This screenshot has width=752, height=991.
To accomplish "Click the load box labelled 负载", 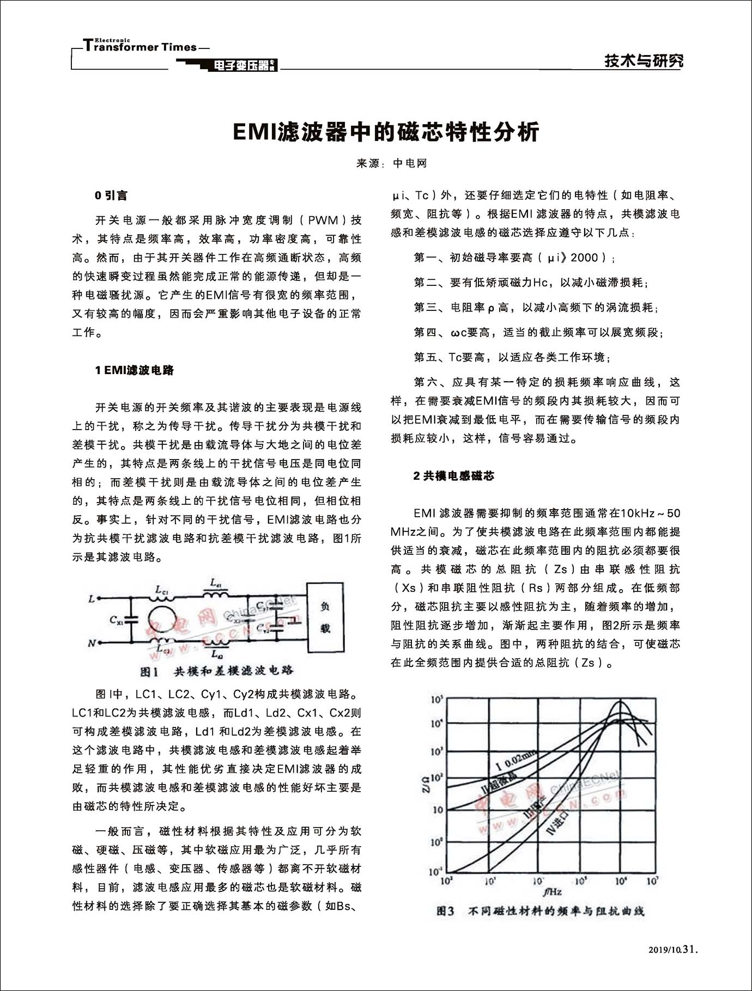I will pyautogui.click(x=325, y=617).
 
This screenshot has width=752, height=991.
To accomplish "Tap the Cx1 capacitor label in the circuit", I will pyautogui.click(x=117, y=619).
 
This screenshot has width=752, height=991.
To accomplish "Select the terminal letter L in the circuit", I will pyautogui.click(x=91, y=599).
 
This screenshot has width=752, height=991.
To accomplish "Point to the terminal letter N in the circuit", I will pyautogui.click(x=92, y=644).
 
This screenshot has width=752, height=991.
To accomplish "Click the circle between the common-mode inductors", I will pyautogui.click(x=162, y=621).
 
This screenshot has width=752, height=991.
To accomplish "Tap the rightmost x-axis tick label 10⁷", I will pyautogui.click(x=652, y=880).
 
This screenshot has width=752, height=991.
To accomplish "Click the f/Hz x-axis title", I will pyautogui.click(x=551, y=892).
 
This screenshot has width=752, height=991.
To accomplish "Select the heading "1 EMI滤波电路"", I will pyautogui.click(x=134, y=371).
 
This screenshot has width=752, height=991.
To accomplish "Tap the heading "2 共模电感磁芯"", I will pyautogui.click(x=453, y=476).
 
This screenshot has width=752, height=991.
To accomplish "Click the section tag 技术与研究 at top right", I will pyautogui.click(x=644, y=61).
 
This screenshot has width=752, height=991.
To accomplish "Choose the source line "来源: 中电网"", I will pyautogui.click(x=391, y=163).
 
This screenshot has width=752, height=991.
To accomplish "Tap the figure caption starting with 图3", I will pyautogui.click(x=541, y=910).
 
